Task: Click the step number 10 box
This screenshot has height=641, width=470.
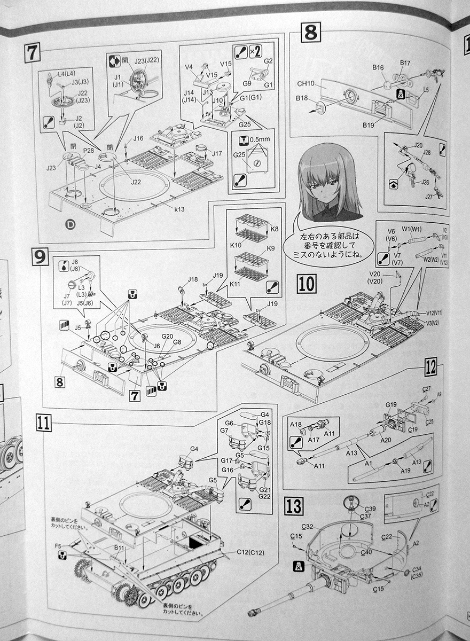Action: click(x=307, y=283)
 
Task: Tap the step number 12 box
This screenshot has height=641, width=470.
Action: click(x=431, y=368)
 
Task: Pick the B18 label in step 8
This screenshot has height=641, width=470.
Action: click(x=302, y=99)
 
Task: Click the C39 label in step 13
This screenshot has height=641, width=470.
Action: click(x=371, y=508)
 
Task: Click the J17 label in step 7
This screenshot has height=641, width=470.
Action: click(x=216, y=153)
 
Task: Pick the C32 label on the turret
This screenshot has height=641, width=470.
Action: click(x=307, y=527)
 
